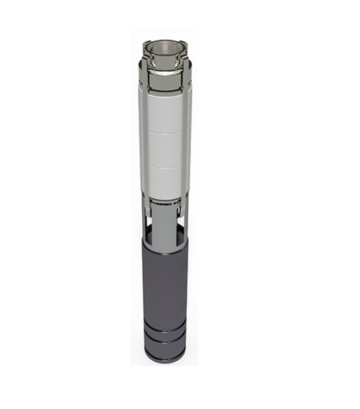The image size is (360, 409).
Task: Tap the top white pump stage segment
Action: (x=164, y=111)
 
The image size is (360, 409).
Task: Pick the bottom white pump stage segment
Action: (x=164, y=182)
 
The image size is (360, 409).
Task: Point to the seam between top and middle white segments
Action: (x=164, y=133)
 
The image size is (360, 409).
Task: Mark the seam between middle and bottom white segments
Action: (x=164, y=166)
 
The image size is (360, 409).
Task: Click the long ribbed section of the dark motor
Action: (x=164, y=283)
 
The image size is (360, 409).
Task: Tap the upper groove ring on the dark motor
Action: (x=164, y=330)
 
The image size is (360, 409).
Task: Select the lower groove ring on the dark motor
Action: (x=164, y=344)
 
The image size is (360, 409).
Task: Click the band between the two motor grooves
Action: (x=164, y=337)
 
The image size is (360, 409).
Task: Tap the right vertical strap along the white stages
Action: (x=188, y=139)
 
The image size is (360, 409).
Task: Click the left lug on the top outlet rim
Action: (x=145, y=45)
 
